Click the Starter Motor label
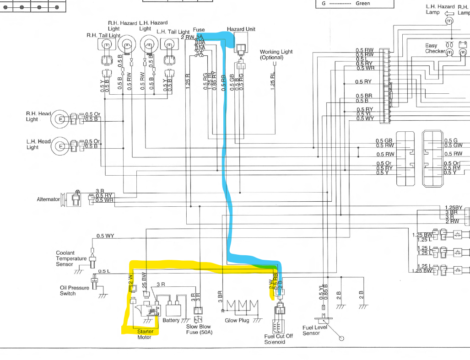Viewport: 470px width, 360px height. [145, 334]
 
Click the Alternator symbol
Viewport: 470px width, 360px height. [73, 199]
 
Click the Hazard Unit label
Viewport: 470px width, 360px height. [241, 29]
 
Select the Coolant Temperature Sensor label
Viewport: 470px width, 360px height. [71, 258]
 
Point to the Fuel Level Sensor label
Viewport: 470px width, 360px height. [314, 330]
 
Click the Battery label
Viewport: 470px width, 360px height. [171, 321]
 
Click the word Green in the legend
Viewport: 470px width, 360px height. [362, 3]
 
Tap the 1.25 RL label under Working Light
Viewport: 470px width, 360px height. [273, 80]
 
